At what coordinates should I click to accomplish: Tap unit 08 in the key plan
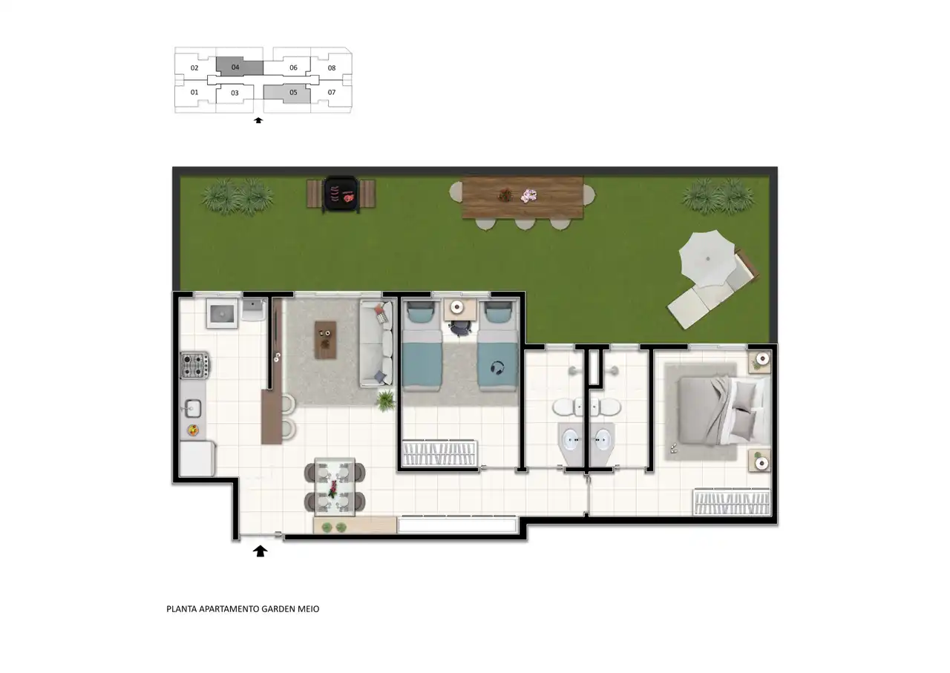(332, 68)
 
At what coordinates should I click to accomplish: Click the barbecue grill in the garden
(341, 194)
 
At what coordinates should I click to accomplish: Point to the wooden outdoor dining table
(522, 197)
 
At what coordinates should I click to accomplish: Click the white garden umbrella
(707, 259)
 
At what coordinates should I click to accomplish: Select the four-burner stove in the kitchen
(194, 365)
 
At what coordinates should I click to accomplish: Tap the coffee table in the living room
(326, 340)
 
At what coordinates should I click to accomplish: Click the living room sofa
(376, 344)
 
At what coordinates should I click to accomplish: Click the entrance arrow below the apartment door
(260, 551)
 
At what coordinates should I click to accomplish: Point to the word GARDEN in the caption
(278, 609)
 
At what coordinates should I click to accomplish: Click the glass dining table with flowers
(335, 487)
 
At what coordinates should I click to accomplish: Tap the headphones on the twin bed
(497, 367)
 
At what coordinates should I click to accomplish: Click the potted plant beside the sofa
(385, 401)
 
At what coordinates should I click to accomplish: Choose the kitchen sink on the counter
(192, 409)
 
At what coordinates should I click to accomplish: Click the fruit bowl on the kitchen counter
(194, 430)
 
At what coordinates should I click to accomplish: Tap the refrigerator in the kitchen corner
(197, 459)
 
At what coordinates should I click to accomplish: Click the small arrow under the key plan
(258, 120)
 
